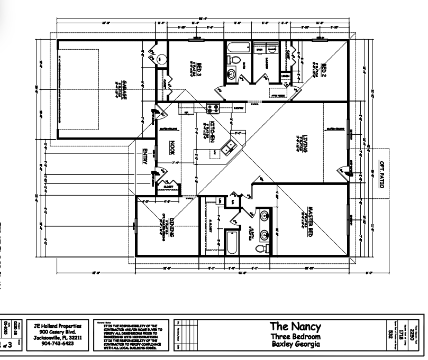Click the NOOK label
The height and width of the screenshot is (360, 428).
(171, 146)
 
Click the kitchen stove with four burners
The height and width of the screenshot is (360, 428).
(213, 108)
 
